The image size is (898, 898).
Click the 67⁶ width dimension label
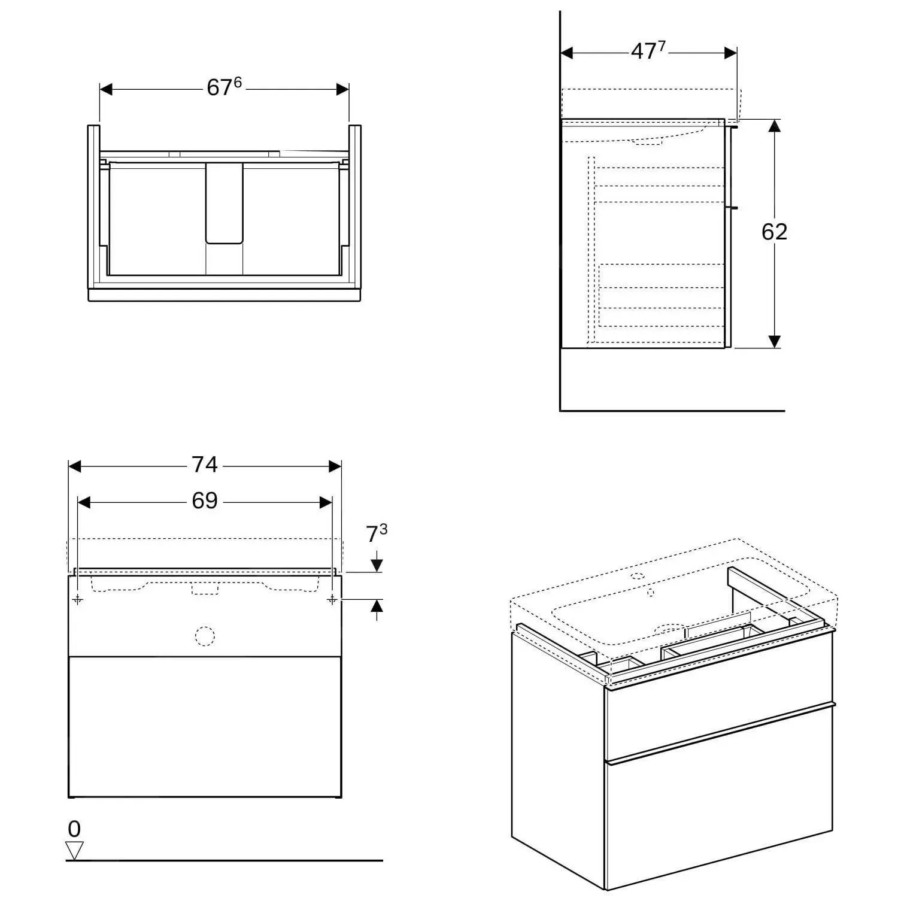point(224,87)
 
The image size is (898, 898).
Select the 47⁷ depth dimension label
point(648,51)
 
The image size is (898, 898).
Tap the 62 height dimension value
point(774,232)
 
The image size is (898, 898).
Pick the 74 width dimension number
point(204,465)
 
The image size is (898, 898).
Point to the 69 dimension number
point(204,501)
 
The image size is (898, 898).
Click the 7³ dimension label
point(377,533)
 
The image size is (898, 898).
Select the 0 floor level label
point(74,829)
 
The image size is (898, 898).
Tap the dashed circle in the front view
point(205,636)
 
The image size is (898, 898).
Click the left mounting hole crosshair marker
point(78,599)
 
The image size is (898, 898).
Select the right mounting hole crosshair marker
point(332,599)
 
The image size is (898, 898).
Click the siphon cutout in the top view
point(224,204)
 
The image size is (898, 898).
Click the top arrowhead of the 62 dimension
point(775,126)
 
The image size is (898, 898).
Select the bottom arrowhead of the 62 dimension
point(775,341)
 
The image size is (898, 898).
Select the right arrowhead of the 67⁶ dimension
point(342,89)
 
